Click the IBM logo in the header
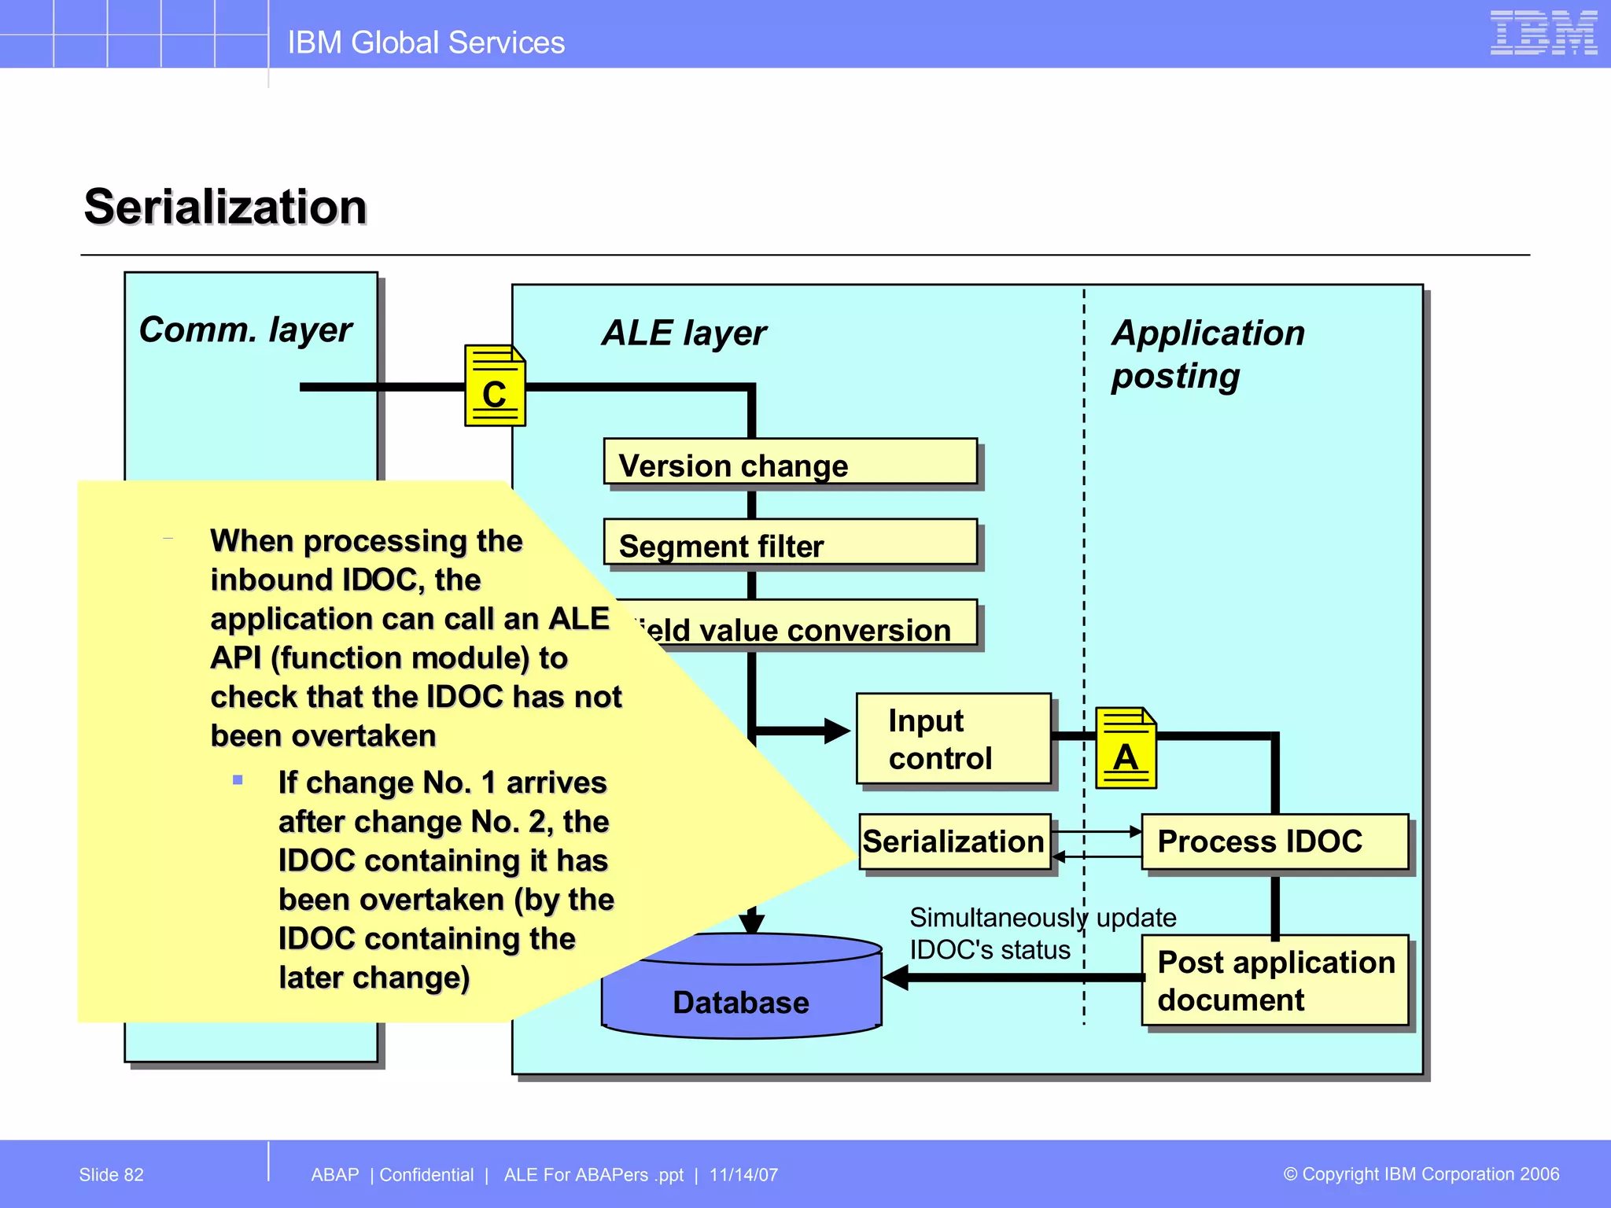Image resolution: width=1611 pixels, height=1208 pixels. [1543, 33]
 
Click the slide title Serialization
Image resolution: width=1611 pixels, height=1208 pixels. [226, 207]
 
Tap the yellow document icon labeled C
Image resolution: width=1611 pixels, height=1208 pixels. [495, 386]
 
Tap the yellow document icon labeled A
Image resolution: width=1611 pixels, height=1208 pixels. [1126, 749]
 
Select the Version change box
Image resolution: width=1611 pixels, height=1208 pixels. [790, 462]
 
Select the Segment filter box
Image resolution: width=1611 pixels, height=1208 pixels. [790, 543]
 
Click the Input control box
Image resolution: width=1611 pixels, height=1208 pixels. [953, 738]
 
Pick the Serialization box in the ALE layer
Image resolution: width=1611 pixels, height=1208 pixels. [954, 842]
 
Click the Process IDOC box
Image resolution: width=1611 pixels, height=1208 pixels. [1274, 842]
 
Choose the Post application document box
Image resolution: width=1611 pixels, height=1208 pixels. [1274, 980]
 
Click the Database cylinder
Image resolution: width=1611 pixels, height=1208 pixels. [741, 994]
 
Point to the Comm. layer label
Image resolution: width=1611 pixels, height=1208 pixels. [245, 330]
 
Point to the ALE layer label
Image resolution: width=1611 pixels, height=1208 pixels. [684, 333]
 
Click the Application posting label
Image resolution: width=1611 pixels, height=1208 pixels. [1207, 354]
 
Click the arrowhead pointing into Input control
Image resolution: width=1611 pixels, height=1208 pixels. [837, 731]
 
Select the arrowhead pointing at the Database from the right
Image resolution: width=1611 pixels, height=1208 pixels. [895, 978]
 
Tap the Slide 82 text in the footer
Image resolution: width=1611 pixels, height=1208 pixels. [112, 1175]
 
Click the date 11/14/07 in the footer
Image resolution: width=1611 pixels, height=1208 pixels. [743, 1175]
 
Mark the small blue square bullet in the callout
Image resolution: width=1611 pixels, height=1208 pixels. [238, 780]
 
